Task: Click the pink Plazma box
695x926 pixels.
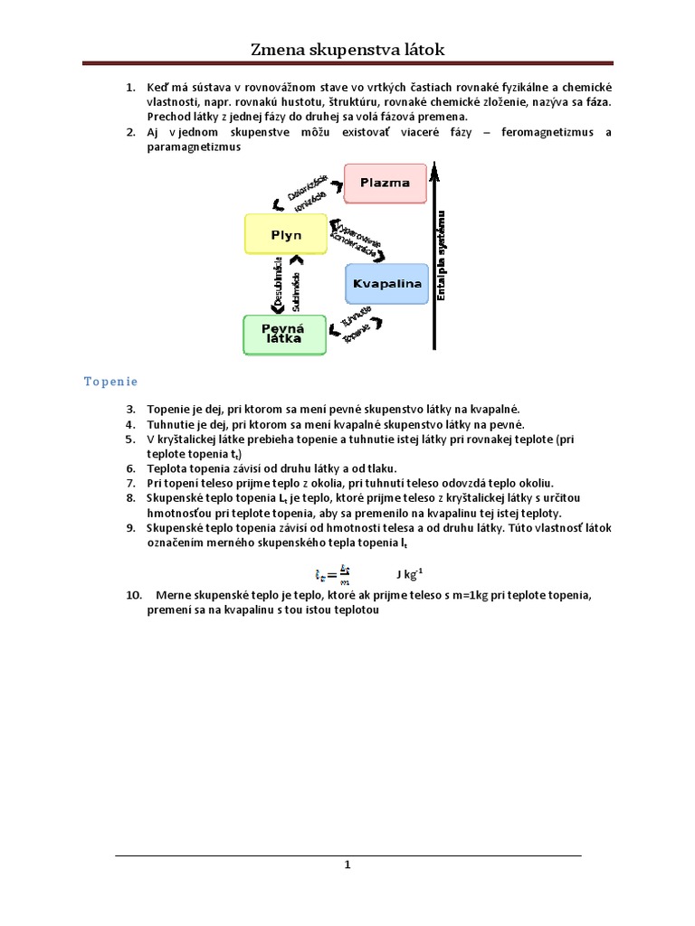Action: coord(385,183)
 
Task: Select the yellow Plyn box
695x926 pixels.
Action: coord(286,235)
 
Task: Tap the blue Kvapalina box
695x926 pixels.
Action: coord(386,284)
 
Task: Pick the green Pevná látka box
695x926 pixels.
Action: coord(284,334)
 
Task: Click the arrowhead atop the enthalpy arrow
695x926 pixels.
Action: coord(435,167)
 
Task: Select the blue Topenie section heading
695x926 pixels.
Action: coord(110,382)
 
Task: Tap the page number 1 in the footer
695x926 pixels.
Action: coord(347,865)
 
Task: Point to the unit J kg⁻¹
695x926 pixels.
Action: coord(409,573)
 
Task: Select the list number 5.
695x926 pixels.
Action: coord(130,439)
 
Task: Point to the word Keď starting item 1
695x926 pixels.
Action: coord(158,87)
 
